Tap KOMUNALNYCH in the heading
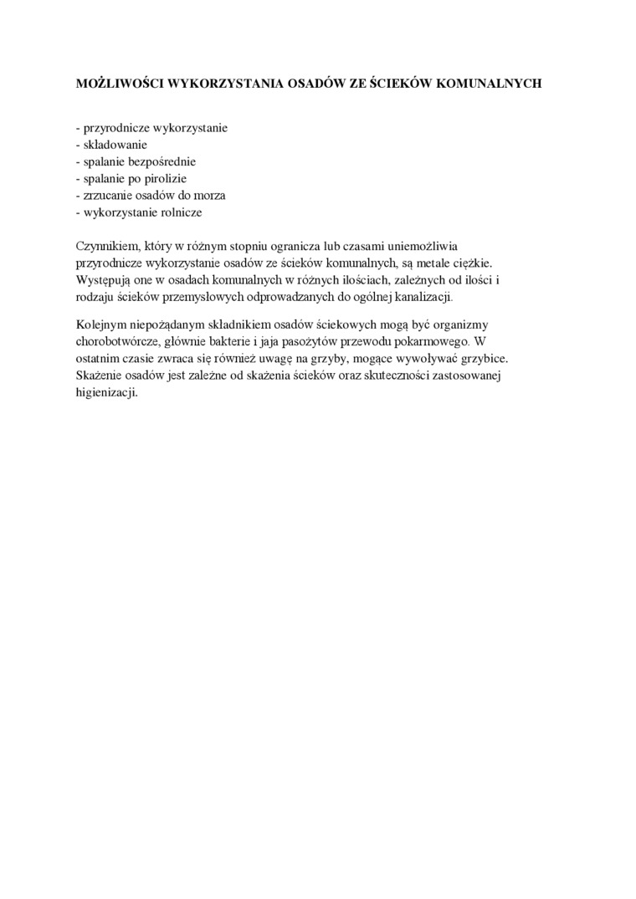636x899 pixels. (499, 84)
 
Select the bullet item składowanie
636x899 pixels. (114, 145)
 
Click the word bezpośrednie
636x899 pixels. (160, 161)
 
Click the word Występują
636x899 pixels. (105, 279)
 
